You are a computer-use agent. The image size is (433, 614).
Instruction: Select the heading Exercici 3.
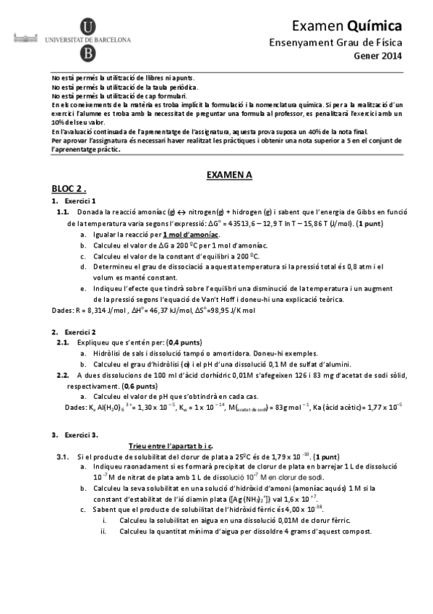(x=81, y=434)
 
